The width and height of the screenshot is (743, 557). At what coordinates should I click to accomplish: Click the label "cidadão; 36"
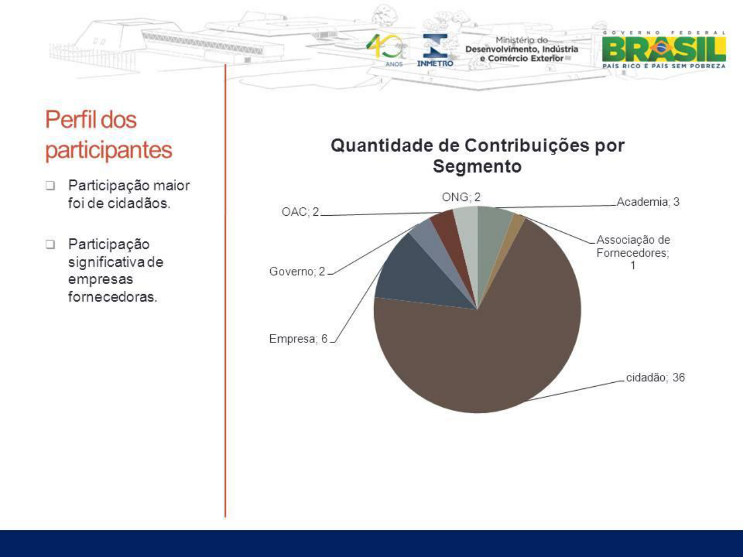pyautogui.click(x=655, y=377)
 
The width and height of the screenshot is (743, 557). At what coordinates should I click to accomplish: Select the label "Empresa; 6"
pyautogui.click(x=298, y=339)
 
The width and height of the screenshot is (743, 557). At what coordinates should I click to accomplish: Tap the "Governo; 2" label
pyautogui.click(x=297, y=271)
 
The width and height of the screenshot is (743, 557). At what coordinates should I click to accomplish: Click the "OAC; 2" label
pyautogui.click(x=300, y=212)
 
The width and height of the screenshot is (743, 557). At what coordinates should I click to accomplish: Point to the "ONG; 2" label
pyautogui.click(x=461, y=197)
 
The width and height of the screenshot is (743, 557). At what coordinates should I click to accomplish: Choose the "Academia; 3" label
pyautogui.click(x=648, y=202)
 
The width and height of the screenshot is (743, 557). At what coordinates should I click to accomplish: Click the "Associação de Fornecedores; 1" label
pyautogui.click(x=633, y=253)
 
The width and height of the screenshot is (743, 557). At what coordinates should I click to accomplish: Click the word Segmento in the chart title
pyautogui.click(x=477, y=166)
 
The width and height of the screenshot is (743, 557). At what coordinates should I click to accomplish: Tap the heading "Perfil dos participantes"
pyautogui.click(x=109, y=135)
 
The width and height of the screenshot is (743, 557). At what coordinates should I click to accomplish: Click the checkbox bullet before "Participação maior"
pyautogui.click(x=50, y=186)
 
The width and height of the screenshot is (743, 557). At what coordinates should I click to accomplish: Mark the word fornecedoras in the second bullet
pyautogui.click(x=113, y=297)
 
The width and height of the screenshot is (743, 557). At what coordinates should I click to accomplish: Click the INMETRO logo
pyautogui.click(x=435, y=50)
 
